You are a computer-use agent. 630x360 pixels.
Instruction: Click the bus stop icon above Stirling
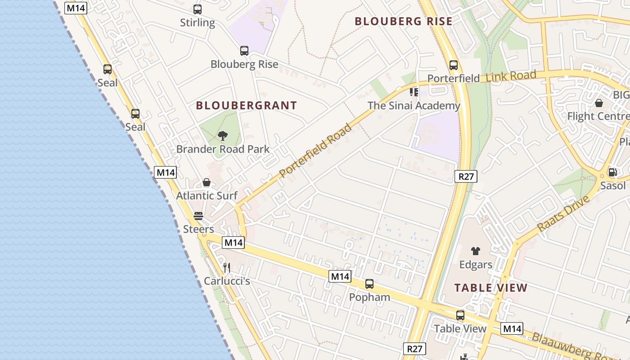coord(197,9)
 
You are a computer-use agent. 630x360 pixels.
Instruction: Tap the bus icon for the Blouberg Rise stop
coord(244,51)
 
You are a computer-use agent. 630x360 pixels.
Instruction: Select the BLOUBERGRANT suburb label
coord(246,106)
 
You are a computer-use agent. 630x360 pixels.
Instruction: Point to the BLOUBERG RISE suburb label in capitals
coord(403,21)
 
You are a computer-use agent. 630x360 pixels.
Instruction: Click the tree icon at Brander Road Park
coord(222,135)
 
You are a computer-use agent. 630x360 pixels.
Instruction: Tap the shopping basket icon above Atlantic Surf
coord(207,182)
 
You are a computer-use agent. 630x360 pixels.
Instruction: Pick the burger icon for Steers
coord(198,216)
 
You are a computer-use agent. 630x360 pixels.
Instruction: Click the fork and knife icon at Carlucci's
coord(227,268)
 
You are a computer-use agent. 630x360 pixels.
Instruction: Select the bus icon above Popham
coord(369,284)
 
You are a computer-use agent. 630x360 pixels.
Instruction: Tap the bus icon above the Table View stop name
coord(460,315)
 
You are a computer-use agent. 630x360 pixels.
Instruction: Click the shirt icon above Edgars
coord(476,251)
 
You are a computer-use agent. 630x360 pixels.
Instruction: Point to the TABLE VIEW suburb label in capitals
coord(490,288)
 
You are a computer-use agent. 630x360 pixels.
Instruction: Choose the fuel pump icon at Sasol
coord(612,172)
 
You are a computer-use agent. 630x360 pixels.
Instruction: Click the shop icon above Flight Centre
coord(599,103)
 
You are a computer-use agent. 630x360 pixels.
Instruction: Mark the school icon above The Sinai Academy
coord(414,92)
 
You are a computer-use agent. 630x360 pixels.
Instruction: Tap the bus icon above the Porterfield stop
coord(453,65)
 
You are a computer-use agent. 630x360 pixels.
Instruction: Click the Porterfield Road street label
coord(315,150)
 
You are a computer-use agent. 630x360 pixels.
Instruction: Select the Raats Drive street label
coord(563,214)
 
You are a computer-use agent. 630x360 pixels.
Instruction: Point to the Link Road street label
coord(511,76)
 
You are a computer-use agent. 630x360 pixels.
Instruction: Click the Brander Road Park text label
coord(223,149)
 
